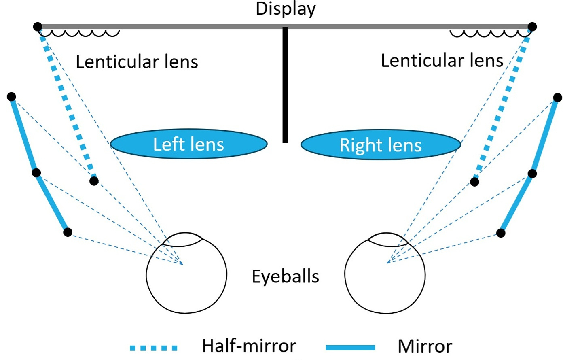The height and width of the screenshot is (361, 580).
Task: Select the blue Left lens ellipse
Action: click(x=189, y=144)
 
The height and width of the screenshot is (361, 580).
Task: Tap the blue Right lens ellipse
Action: click(x=381, y=144)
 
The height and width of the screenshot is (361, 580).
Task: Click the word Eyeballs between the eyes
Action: click(x=285, y=276)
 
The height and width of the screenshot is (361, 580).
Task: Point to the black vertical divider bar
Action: click(x=285, y=85)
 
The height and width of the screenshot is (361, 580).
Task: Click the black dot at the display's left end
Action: click(x=38, y=27)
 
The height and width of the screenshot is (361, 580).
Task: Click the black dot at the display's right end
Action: click(x=532, y=27)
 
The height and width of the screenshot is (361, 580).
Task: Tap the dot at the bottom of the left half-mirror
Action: click(x=94, y=181)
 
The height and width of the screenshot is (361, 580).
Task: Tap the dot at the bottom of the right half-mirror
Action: click(x=474, y=182)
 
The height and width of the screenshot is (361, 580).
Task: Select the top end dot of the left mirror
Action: click(x=11, y=97)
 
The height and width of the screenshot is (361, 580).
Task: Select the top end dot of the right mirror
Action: click(x=557, y=98)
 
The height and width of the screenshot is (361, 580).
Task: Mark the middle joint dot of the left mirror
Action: click(x=36, y=172)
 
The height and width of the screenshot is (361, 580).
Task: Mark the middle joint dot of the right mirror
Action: click(x=532, y=174)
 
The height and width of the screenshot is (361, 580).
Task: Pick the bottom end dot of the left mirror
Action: click(x=68, y=232)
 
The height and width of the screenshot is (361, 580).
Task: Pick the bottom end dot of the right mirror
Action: click(x=501, y=233)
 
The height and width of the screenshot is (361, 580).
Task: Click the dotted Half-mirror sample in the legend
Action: click(x=154, y=348)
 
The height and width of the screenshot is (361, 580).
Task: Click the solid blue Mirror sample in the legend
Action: click(x=350, y=348)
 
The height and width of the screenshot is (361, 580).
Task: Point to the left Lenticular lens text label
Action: click(x=137, y=62)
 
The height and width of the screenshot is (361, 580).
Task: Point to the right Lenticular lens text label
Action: click(x=442, y=61)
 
